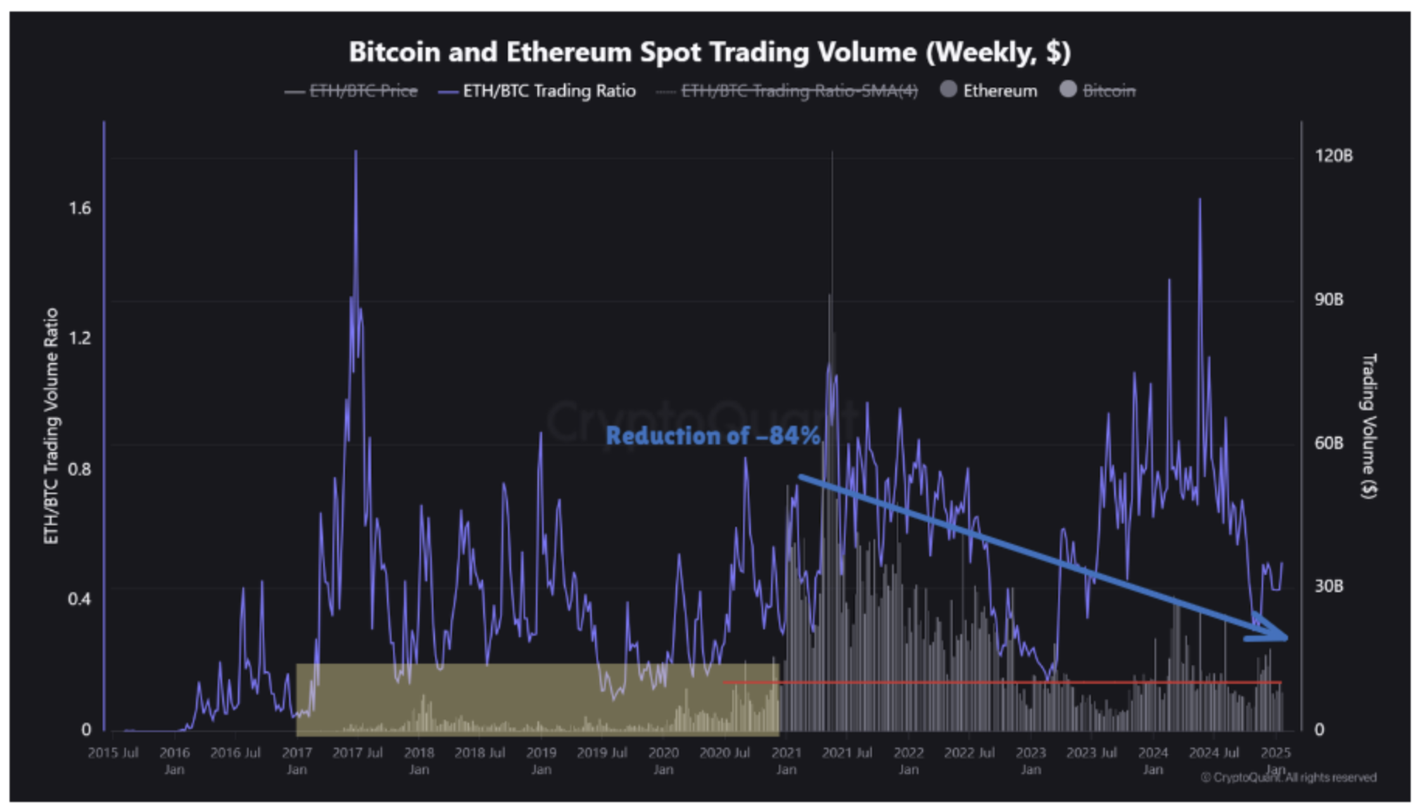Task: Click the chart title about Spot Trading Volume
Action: click(x=710, y=52)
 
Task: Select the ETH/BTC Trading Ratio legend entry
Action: click(x=548, y=91)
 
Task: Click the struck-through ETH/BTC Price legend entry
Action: click(x=363, y=91)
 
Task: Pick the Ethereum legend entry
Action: click(x=999, y=91)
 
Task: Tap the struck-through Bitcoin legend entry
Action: click(x=1108, y=91)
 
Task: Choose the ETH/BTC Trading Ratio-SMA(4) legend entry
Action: click(x=799, y=91)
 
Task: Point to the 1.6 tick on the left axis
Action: click(x=80, y=208)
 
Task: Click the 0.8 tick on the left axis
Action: click(x=80, y=469)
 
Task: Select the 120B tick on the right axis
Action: click(x=1334, y=156)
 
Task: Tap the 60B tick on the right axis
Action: click(x=1329, y=443)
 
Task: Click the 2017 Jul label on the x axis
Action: click(x=357, y=753)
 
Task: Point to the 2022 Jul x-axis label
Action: click(x=969, y=753)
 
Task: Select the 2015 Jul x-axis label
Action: click(x=113, y=753)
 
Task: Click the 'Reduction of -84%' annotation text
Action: click(x=712, y=436)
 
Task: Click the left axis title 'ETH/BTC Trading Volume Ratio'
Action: click(x=51, y=426)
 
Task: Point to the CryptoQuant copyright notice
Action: click(x=1289, y=777)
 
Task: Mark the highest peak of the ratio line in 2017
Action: click(x=356, y=152)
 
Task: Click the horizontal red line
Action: click(x=1001, y=682)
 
